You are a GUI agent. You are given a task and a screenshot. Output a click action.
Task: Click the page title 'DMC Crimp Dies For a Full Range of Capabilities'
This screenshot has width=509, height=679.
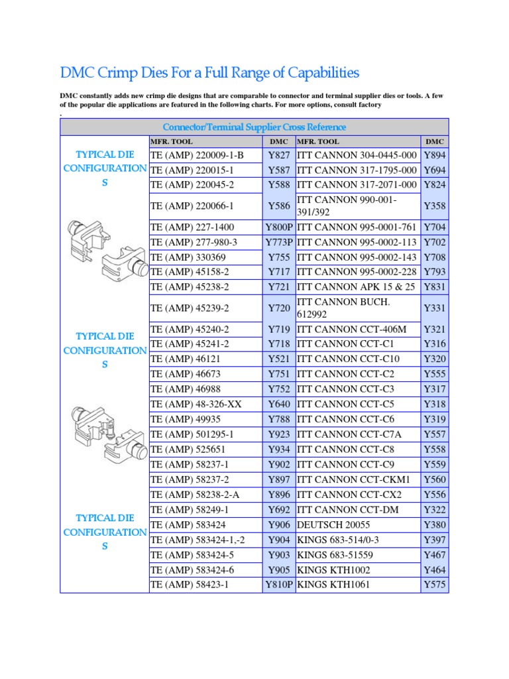pyautogui.click(x=209, y=72)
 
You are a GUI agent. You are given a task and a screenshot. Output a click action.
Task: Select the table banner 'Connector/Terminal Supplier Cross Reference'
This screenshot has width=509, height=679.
pyautogui.click(x=254, y=127)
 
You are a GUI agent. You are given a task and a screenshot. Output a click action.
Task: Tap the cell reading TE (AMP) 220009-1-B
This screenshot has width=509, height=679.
pyautogui.click(x=198, y=155)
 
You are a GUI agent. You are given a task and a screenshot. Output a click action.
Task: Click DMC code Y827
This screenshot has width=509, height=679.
pyautogui.click(x=279, y=155)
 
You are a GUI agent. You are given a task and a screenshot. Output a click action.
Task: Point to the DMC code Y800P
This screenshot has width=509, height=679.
pyautogui.click(x=279, y=227)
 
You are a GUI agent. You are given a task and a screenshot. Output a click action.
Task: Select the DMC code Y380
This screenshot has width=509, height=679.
pyautogui.click(x=434, y=525)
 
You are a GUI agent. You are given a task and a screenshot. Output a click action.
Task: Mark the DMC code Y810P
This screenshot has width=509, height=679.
pyautogui.click(x=279, y=585)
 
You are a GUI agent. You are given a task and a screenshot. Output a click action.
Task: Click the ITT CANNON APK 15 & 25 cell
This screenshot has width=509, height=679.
pyautogui.click(x=356, y=286)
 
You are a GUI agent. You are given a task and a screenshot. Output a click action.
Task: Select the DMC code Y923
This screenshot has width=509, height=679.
pyautogui.click(x=279, y=434)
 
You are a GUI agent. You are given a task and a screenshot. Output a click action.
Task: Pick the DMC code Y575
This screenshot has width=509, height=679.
pyautogui.click(x=434, y=585)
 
